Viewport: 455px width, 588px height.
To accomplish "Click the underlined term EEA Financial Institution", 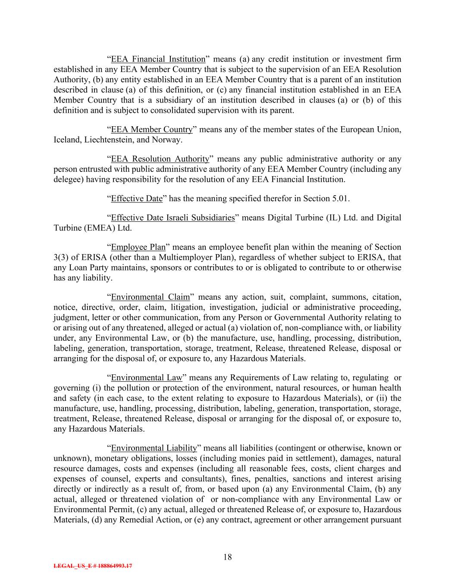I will [x=158, y=59].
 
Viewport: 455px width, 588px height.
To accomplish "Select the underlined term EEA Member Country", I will [x=151, y=130].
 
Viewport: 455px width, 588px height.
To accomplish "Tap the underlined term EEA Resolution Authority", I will [x=160, y=159].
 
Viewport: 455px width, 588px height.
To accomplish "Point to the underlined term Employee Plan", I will [x=138, y=247].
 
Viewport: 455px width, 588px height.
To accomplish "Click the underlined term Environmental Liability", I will [x=154, y=448].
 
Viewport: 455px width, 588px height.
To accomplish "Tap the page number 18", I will [x=227, y=557].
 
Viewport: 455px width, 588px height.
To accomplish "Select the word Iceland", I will [x=66, y=140].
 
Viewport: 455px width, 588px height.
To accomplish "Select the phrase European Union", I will [x=376, y=130].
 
